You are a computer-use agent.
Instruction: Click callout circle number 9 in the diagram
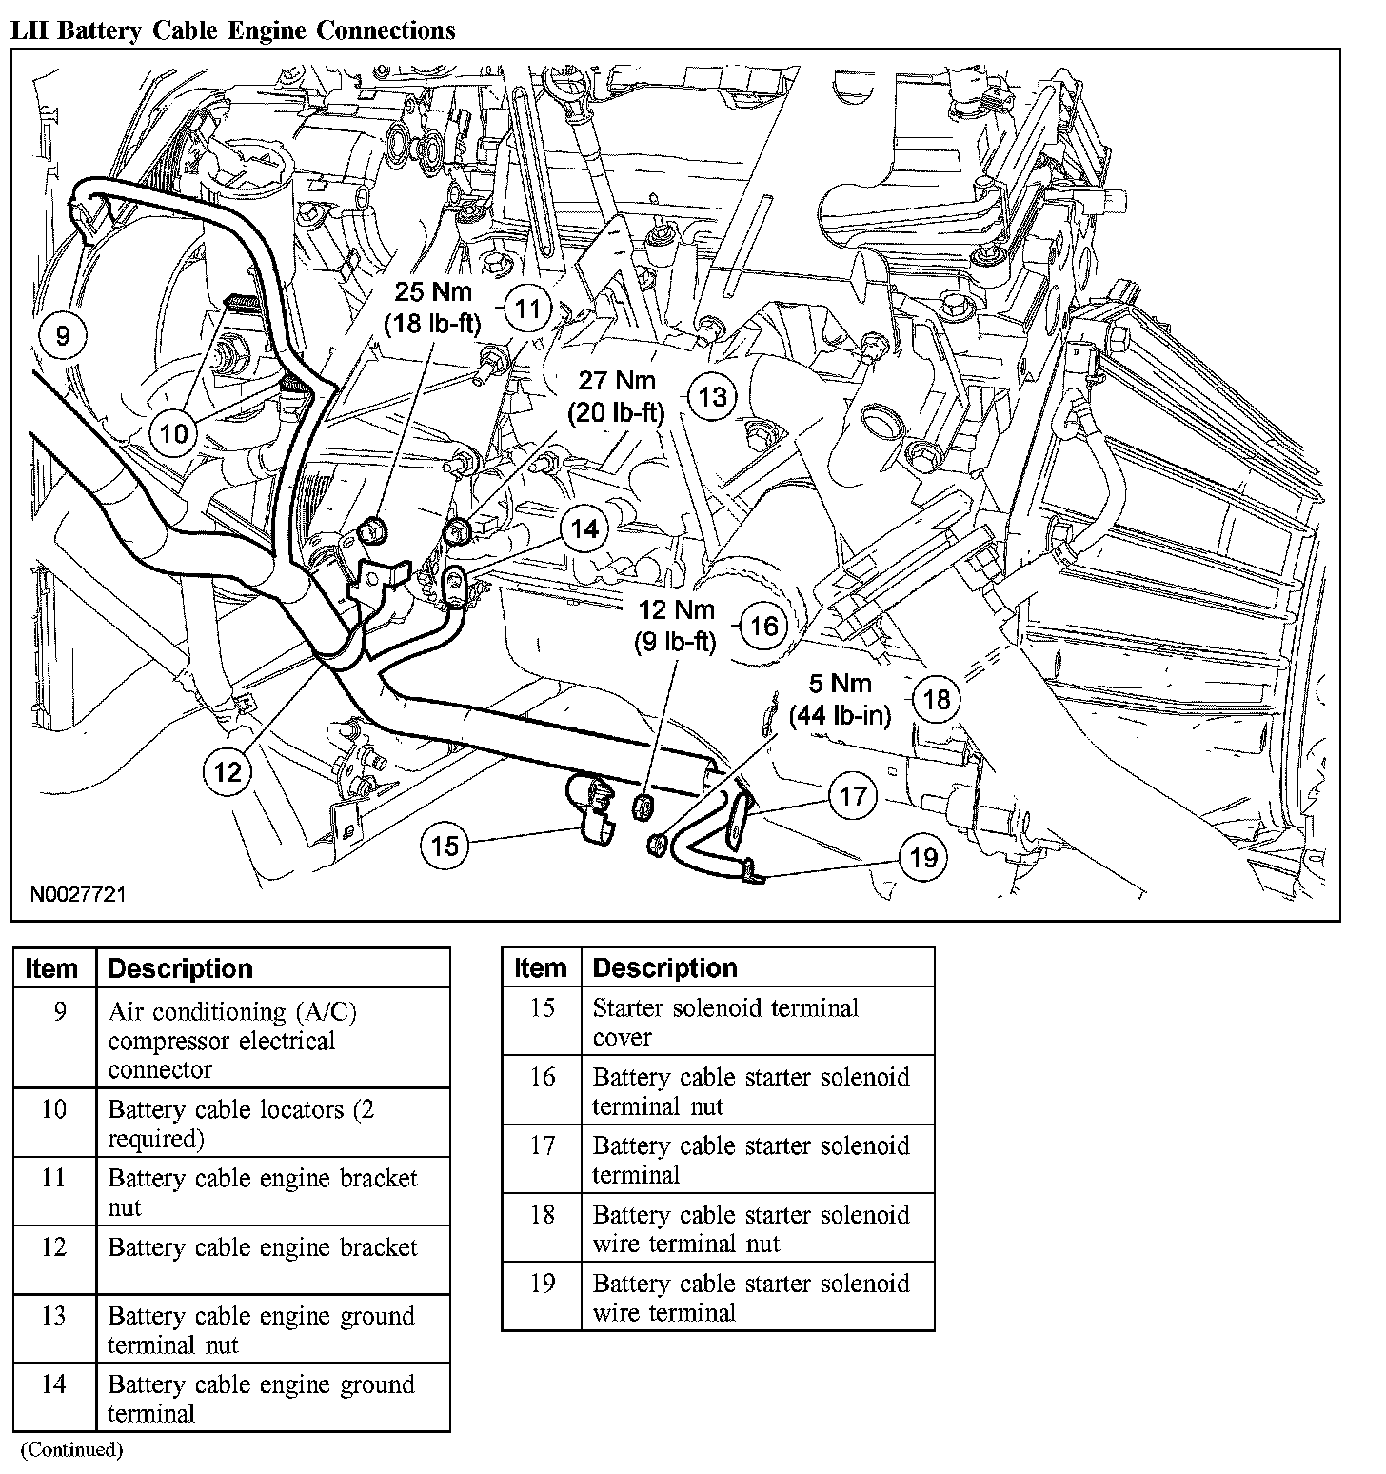click(x=63, y=335)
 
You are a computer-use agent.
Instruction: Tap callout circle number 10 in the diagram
click(x=173, y=434)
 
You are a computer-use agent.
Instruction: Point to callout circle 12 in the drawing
click(x=228, y=771)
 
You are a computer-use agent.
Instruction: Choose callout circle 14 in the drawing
click(x=584, y=528)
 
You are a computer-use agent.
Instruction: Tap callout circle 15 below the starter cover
click(x=445, y=845)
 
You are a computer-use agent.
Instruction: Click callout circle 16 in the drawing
click(x=764, y=626)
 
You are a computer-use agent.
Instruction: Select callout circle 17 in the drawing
click(x=852, y=794)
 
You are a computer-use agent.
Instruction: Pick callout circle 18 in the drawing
click(x=937, y=700)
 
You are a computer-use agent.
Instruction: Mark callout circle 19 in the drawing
click(x=922, y=857)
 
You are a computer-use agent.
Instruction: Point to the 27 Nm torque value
click(x=617, y=382)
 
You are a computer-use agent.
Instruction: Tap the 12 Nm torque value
click(x=676, y=609)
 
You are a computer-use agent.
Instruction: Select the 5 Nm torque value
click(x=840, y=684)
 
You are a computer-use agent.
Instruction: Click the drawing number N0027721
click(x=77, y=895)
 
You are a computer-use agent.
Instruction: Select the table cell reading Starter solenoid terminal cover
click(x=725, y=1022)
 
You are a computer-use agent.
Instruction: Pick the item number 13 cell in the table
click(x=54, y=1316)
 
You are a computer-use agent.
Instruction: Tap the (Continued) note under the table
click(x=71, y=1450)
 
